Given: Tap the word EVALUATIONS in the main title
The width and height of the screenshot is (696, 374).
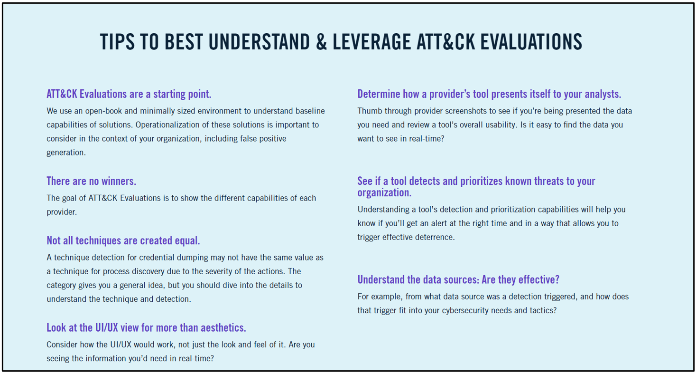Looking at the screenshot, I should [531, 42].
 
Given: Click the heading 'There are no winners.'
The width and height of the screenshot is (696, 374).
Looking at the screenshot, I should [91, 181].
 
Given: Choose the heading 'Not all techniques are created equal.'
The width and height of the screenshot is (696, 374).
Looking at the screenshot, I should [123, 240].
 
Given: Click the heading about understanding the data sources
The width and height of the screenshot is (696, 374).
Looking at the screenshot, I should [458, 279].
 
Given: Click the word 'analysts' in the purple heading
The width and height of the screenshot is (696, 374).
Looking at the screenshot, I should [603, 94].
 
